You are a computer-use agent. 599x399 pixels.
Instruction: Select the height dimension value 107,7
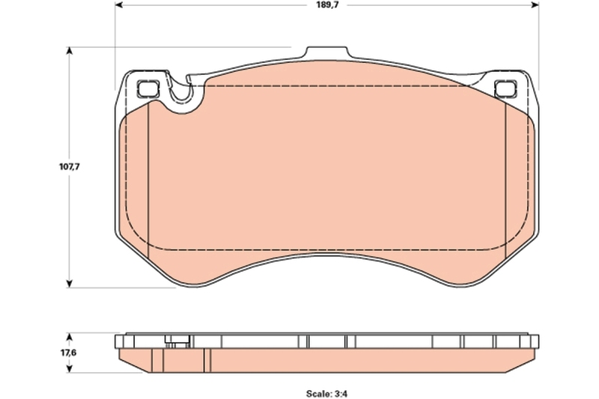70,167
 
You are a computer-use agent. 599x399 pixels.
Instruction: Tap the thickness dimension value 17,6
69,353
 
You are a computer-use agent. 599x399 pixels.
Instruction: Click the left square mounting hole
148,88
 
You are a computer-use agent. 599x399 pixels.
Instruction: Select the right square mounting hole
506,88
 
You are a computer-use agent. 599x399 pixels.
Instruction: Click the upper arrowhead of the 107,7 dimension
70,51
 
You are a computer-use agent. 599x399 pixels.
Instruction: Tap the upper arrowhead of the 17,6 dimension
70,337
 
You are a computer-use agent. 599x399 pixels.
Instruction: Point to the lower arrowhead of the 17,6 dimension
70,369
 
